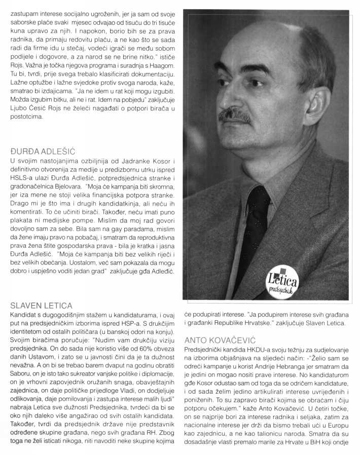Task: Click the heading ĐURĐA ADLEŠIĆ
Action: [43, 151]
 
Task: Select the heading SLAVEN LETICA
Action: [41, 306]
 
